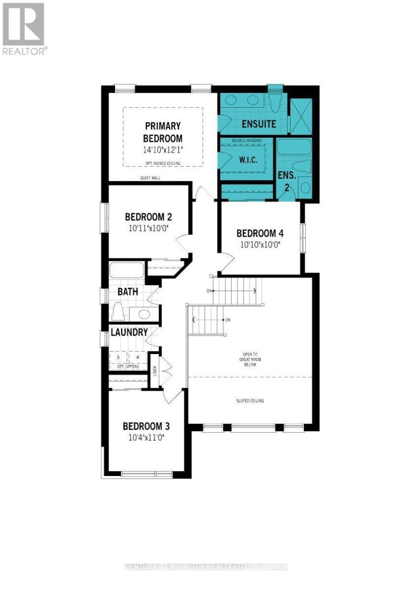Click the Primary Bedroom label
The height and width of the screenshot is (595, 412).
162,132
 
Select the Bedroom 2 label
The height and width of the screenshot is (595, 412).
148,217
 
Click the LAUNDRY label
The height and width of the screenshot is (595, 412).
129,332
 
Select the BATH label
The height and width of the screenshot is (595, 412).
127,292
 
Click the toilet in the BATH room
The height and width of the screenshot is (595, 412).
118,312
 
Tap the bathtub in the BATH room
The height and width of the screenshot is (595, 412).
126,271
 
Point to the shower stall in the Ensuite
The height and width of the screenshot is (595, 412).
300,116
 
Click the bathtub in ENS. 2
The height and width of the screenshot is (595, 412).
294,147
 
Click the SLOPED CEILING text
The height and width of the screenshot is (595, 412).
250,401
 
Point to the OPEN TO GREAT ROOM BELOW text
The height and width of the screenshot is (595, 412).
250,360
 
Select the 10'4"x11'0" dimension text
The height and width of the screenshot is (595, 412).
146,438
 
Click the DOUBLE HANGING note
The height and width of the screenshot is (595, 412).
246,141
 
